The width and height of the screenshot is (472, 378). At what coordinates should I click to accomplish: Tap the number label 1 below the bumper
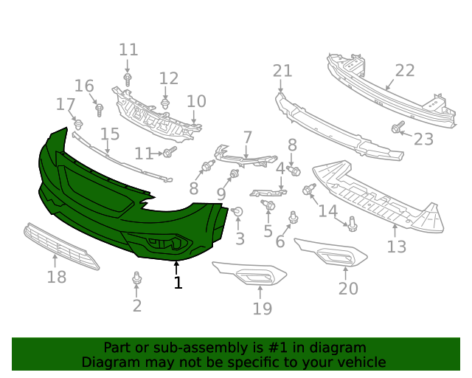pyautogui.click(x=177, y=282)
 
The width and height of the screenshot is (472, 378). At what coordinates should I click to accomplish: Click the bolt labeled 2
pyautogui.click(x=136, y=279)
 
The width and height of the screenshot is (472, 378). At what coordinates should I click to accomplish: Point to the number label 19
pyautogui.click(x=262, y=309)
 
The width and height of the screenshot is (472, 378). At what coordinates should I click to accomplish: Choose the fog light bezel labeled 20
pyautogui.click(x=332, y=255)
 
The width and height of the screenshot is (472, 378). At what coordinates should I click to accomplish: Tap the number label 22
pyautogui.click(x=405, y=71)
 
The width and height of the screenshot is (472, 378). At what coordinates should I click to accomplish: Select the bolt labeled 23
pyautogui.click(x=398, y=129)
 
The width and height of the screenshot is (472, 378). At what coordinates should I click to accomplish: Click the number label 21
pyautogui.click(x=282, y=72)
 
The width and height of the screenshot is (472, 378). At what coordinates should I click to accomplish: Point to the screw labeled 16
pyautogui.click(x=100, y=109)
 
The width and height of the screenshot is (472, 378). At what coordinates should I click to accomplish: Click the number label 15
pyautogui.click(x=110, y=134)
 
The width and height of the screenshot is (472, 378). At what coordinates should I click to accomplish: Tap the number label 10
pyautogui.click(x=196, y=101)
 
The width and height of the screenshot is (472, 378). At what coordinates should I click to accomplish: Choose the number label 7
pyautogui.click(x=247, y=137)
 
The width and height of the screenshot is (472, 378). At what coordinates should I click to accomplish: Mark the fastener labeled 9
pyautogui.click(x=235, y=175)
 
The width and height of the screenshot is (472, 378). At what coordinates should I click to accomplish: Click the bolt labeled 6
pyautogui.click(x=294, y=217)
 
